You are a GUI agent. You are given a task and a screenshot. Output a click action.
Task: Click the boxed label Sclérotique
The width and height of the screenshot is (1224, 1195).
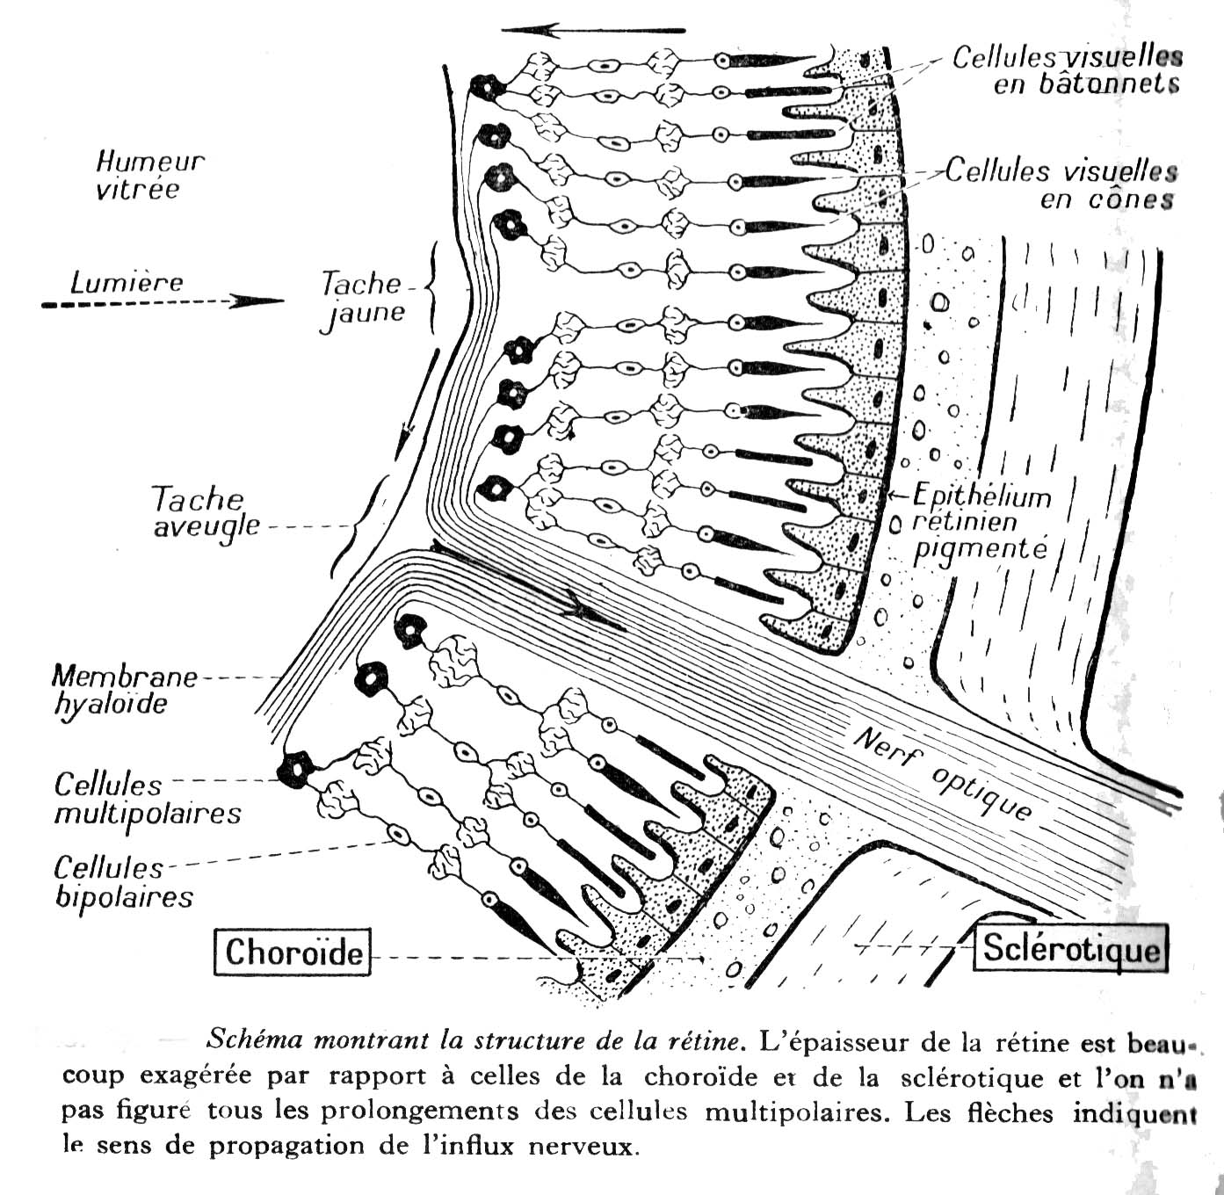pos(1070,948)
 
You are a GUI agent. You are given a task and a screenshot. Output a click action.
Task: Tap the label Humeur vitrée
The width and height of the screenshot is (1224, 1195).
pos(148,175)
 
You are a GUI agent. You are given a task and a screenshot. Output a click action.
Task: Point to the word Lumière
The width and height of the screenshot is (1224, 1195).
pos(127,282)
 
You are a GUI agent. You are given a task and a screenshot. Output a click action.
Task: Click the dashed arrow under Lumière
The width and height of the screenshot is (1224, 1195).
pos(163,302)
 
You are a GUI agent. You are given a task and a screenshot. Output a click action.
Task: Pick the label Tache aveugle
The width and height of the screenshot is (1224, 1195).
pos(206,512)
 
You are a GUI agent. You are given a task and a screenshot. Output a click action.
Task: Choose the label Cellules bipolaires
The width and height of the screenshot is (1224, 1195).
pos(123,882)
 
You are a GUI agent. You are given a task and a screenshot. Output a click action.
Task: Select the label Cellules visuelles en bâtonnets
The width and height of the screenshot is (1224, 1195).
pos(1067,69)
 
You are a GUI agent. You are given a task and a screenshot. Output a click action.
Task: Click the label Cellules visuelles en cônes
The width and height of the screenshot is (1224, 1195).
pos(1062,185)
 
